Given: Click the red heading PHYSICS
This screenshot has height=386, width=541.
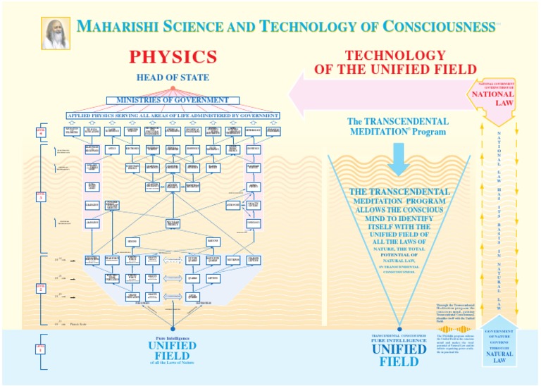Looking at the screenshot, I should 173,57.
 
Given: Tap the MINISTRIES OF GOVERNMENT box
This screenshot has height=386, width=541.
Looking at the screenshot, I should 173,100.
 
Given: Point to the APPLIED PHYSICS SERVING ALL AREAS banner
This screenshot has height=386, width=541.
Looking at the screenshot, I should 173,115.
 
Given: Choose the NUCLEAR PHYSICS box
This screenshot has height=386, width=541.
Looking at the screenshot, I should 173,223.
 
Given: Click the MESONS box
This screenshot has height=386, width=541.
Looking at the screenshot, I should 132,242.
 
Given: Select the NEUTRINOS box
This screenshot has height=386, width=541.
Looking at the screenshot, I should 233,259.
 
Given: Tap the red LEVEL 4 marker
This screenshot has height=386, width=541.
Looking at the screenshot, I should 42,131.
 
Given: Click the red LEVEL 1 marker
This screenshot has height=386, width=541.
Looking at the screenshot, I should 42,348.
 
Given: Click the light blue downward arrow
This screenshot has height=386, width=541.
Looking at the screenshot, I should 398,159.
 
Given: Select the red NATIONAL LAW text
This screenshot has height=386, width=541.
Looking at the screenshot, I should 492,98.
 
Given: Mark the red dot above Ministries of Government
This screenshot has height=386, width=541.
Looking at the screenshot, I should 173,87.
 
